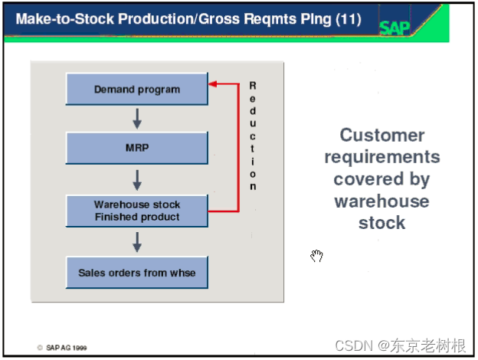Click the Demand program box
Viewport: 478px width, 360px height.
[137, 89]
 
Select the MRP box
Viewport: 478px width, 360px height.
[137, 147]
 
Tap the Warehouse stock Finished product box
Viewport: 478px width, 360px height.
[137, 211]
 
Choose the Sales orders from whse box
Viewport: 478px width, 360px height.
[137, 272]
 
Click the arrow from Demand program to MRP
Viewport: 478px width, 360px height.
[137, 118]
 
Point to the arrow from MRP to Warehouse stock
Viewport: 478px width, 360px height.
[137, 180]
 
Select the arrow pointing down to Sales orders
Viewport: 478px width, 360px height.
[137, 242]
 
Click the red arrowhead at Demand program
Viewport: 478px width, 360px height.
[214, 83]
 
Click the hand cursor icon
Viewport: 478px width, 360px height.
[317, 256]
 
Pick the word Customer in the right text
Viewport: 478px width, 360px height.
[381, 136]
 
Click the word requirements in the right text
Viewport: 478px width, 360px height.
[381, 158]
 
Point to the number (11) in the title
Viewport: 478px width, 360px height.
[348, 18]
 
